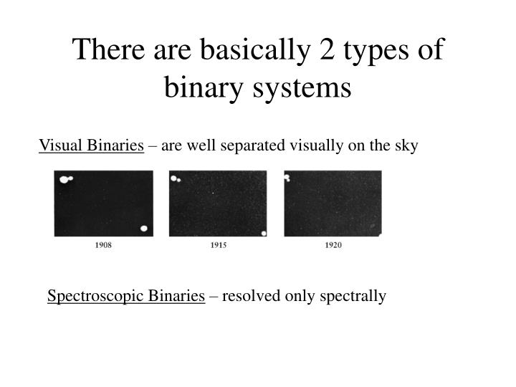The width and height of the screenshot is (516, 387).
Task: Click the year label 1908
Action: tap(103, 245)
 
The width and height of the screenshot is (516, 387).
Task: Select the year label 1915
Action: tap(219, 245)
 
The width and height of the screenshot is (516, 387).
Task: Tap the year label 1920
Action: tap(333, 245)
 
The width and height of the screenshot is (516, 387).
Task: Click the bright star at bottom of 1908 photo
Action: tap(144, 229)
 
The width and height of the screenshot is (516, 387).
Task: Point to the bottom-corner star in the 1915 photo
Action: tap(264, 233)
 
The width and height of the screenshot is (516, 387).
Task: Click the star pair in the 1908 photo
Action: tap(65, 179)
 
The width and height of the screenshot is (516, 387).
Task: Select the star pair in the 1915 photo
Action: tap(175, 178)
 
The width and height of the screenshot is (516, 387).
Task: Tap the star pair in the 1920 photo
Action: tap(287, 177)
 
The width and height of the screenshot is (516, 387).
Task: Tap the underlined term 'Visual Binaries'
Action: tap(91, 146)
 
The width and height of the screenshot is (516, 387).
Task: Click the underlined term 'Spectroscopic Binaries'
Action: tap(126, 296)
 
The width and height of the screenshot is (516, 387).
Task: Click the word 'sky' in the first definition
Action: tap(406, 146)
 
